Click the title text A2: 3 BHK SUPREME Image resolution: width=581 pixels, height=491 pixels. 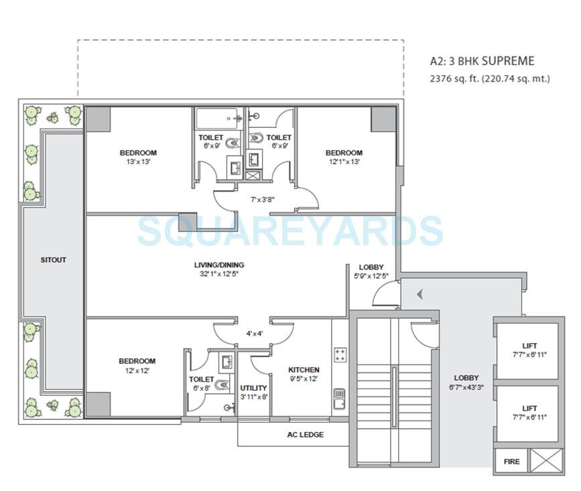coord(482,61)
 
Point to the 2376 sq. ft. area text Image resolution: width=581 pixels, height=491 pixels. coord(489,78)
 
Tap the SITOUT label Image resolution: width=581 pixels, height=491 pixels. coord(54,260)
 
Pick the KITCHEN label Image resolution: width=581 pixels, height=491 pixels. coord(304,370)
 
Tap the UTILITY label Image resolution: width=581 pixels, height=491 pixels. coord(253,388)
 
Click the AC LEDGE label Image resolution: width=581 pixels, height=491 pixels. coord(305,435)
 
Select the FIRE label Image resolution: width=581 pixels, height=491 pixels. coord(511,462)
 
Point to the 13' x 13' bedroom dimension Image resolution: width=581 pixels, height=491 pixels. coord(138,162)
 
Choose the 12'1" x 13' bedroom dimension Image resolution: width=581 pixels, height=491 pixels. coord(344,162)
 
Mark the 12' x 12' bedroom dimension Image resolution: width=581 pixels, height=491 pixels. coord(137,370)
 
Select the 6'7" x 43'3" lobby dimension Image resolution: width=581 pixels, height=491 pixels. coord(466,387)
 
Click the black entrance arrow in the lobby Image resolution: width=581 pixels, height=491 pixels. coord(419,294)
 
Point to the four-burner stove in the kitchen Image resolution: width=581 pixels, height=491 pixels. coord(340,355)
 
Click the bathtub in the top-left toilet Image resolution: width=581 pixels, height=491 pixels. coord(220,119)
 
